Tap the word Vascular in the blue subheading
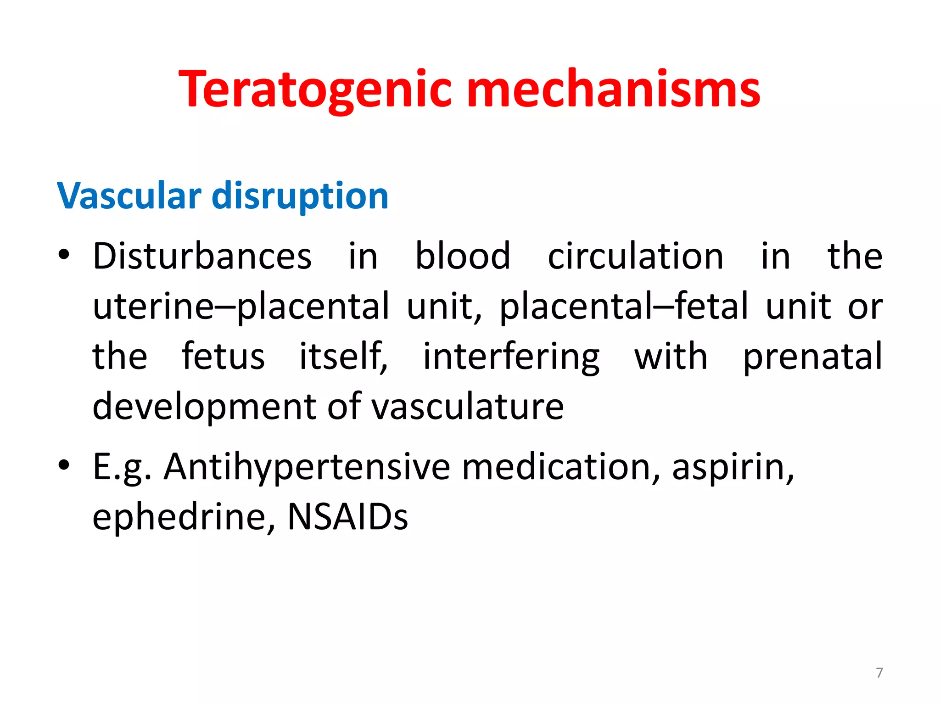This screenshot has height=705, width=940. click(x=129, y=196)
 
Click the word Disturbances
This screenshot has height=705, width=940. click(x=202, y=256)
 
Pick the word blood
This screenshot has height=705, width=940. click(x=463, y=256)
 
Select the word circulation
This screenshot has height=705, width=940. click(x=636, y=256)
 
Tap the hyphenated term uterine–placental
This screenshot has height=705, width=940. click(x=241, y=306)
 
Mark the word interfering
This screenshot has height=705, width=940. click(x=511, y=357)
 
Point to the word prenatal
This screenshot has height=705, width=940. click(x=813, y=357)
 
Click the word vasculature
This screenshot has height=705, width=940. click(x=467, y=407)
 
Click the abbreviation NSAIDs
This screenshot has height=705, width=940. click(x=347, y=517)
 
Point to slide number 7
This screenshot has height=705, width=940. click(x=879, y=673)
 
